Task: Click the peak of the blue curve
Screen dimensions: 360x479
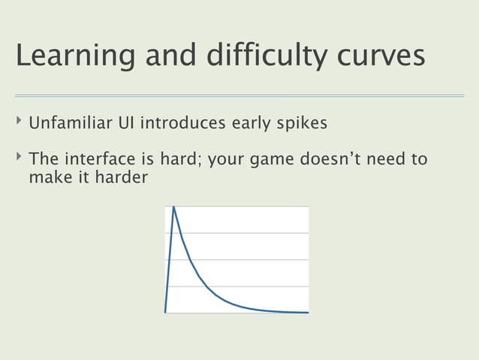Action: [173, 207]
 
